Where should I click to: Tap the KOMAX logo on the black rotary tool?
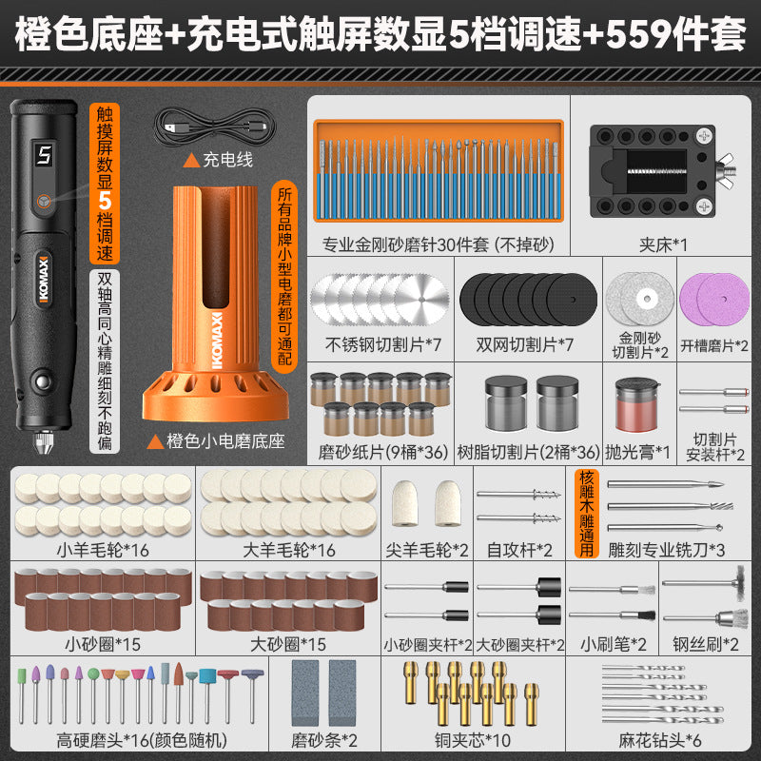pos(44,279)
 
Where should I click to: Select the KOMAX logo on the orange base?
pos(217,340)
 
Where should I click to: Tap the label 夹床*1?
pos(663,245)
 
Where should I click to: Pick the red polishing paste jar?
pos(636,405)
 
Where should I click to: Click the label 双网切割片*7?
pos(525,345)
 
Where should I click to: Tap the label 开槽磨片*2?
pos(714,346)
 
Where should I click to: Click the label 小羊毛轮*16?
pos(103,551)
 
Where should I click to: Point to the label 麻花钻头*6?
pos(659,741)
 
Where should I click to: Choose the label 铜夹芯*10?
pos(473,741)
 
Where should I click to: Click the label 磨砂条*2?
pos(324,741)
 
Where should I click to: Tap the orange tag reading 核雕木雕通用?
pos(586,513)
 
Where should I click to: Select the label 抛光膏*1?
pos(637,453)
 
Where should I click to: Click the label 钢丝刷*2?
pos(706,645)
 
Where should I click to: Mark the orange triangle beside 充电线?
pos(191,160)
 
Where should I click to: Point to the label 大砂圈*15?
pos(288,645)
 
